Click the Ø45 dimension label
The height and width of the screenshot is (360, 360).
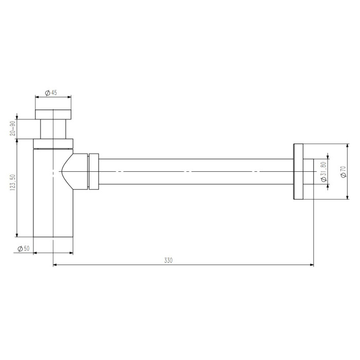point(51,93)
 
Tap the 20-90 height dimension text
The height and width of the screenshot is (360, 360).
point(13,128)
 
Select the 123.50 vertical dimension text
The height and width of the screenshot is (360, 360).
point(13,183)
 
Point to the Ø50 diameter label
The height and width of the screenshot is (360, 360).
point(24,248)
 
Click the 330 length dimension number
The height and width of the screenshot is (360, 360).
point(168,260)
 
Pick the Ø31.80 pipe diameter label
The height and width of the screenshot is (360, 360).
point(323,171)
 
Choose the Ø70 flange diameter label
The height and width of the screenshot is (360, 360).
point(343,171)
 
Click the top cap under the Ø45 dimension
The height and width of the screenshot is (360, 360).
point(53,115)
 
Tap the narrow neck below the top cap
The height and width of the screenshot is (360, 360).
point(53,129)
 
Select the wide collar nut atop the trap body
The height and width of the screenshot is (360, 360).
point(53,143)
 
